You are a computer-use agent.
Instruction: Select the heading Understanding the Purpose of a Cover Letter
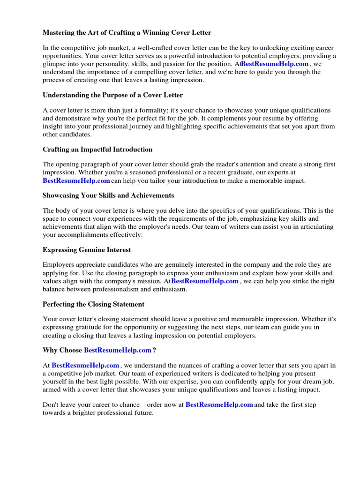pyautogui.click(x=112, y=95)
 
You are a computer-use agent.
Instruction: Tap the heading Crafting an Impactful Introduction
pyautogui.click(x=97, y=150)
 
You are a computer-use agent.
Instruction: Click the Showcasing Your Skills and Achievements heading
pyautogui.click(x=108, y=195)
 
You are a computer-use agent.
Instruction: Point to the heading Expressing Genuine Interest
pyautogui.click(x=87, y=250)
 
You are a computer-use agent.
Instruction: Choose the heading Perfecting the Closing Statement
pyautogui.click(x=93, y=304)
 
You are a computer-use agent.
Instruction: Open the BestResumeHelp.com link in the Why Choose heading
pyautogui.click(x=118, y=350)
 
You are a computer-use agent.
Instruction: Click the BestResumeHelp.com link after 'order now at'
pyautogui.click(x=219, y=405)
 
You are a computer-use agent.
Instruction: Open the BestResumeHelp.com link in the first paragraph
pyautogui.click(x=275, y=64)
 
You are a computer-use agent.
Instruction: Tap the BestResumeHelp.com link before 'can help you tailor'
pyautogui.click(x=76, y=180)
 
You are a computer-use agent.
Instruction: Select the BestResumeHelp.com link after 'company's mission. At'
pyautogui.click(x=205, y=281)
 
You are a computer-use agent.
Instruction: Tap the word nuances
pyautogui.click(x=203, y=365)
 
